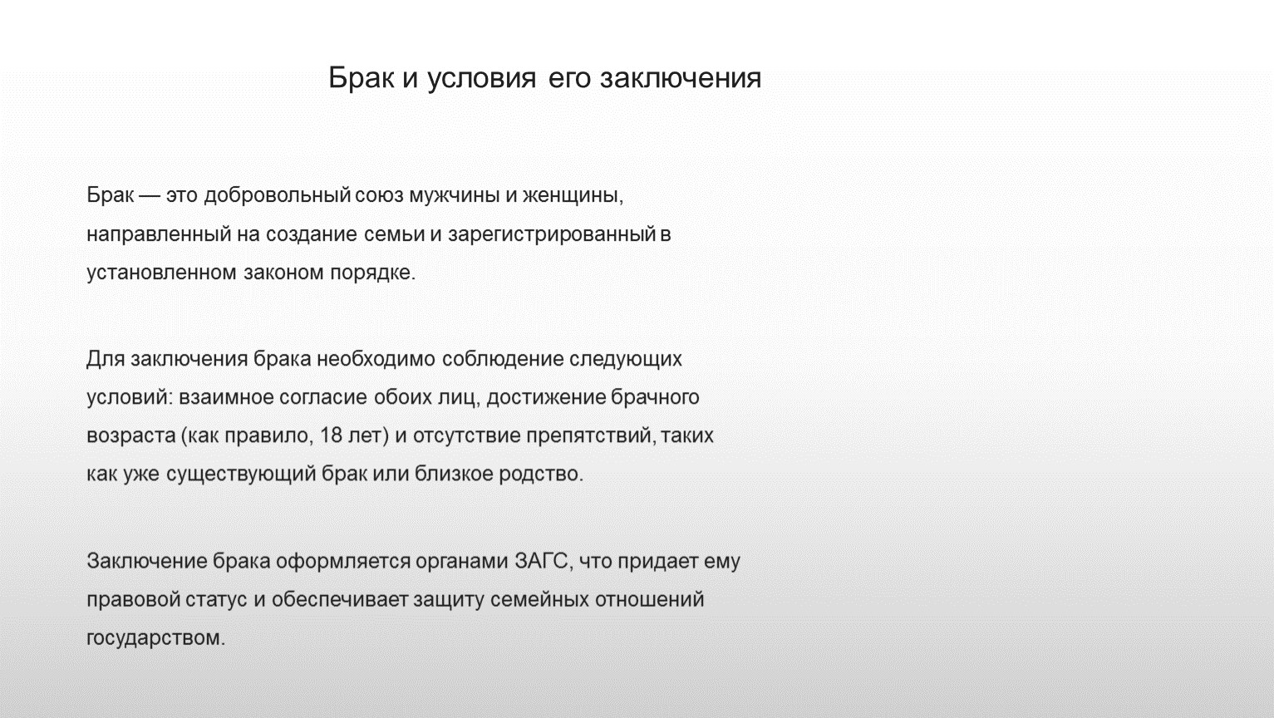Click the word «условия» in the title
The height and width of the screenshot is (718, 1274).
(x=481, y=78)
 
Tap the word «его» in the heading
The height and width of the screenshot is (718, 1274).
(x=568, y=78)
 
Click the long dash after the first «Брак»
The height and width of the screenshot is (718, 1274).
(x=150, y=196)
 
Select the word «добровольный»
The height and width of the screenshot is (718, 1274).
(x=277, y=195)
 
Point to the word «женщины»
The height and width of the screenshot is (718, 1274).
(x=573, y=196)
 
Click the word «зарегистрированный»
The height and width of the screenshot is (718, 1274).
(x=552, y=234)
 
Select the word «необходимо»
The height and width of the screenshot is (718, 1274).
(x=376, y=359)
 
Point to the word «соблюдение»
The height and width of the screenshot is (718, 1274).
(x=502, y=359)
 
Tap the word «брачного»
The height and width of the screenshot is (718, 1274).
(x=655, y=397)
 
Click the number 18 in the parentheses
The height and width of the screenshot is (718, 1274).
(x=331, y=435)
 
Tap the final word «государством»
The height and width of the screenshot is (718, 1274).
(x=156, y=638)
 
